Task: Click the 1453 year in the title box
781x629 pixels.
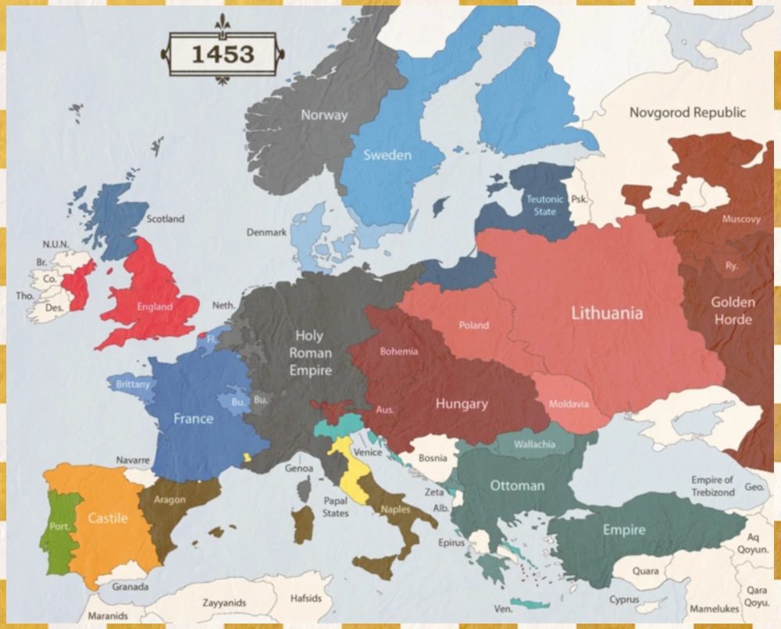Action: pos(223,54)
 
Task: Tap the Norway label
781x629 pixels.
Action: pos(324,115)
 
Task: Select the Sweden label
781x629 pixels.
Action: pos(387,155)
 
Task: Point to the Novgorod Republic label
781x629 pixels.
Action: pos(687,113)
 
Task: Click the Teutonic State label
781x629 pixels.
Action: pos(541,205)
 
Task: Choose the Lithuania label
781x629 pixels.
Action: pos(607,313)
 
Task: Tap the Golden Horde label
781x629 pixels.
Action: pos(733,310)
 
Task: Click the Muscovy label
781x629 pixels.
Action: pos(741,219)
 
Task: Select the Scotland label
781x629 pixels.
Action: pos(165,219)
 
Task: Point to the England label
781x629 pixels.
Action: pos(154,306)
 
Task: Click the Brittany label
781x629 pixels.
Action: pos(133,384)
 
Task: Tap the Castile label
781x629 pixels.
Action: pos(108,518)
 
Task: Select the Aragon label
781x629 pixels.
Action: pos(169,499)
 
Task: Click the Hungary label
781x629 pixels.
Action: pos(462,404)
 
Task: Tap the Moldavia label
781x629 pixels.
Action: pos(569,404)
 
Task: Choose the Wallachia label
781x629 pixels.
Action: pos(534,445)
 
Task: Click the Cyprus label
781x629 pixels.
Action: pos(625,600)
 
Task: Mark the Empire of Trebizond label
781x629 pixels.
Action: pos(712,486)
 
